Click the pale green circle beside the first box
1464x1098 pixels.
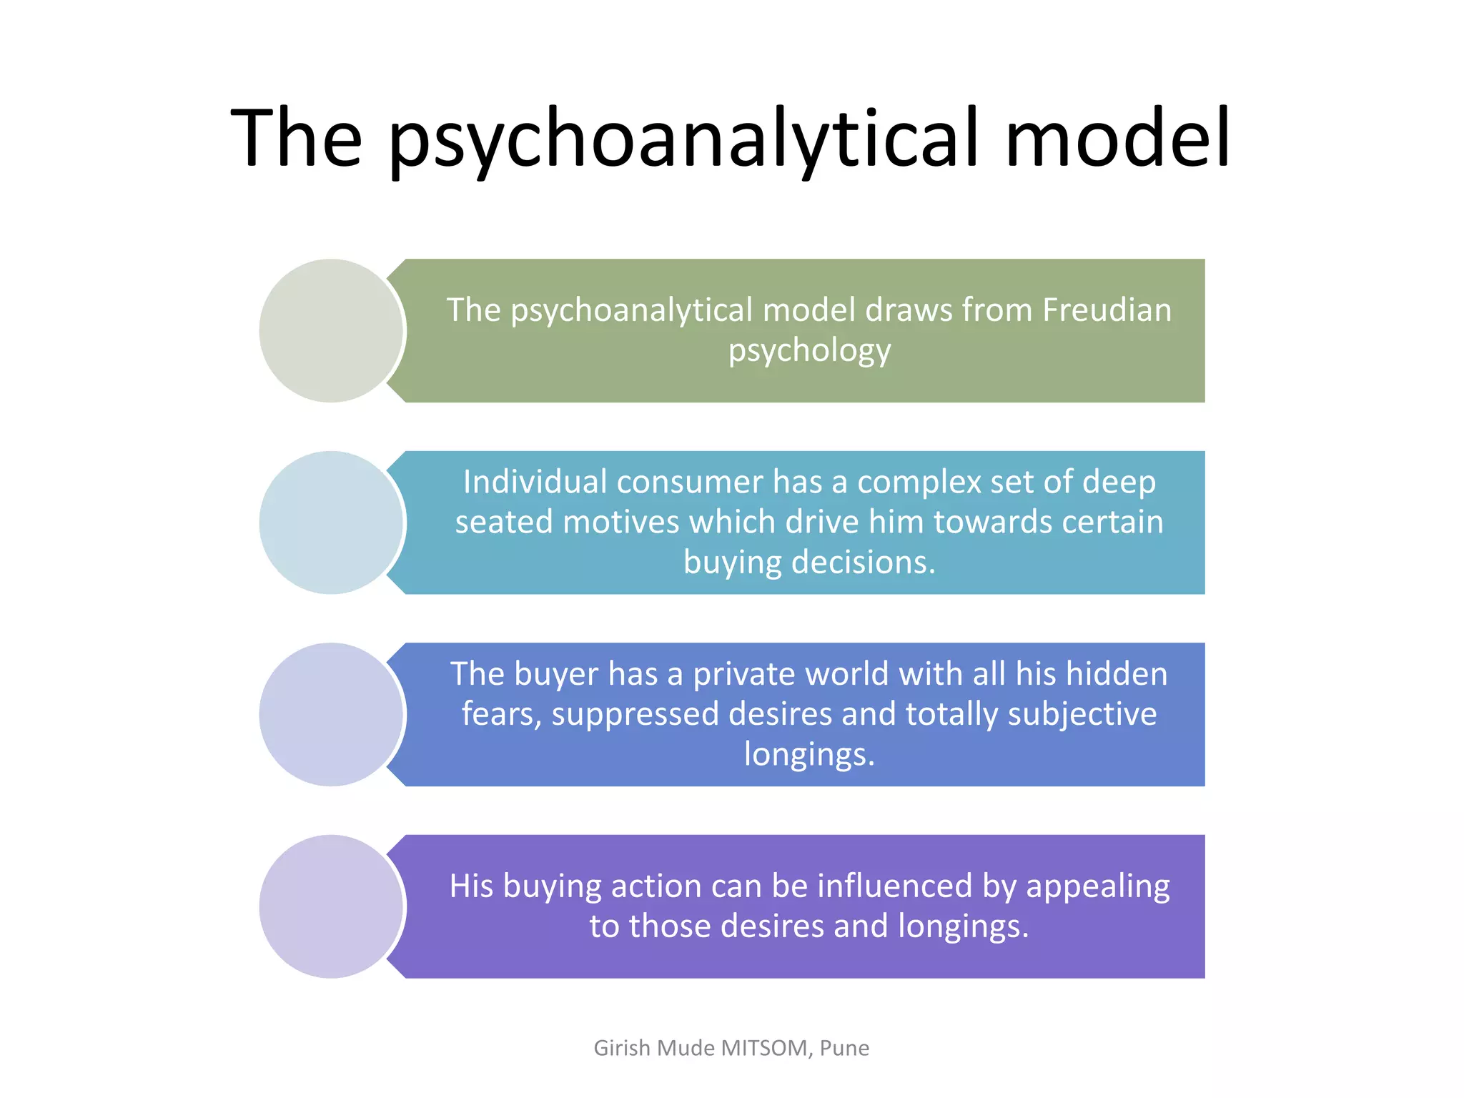pyautogui.click(x=331, y=330)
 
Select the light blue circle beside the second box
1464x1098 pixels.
pyautogui.click(x=331, y=523)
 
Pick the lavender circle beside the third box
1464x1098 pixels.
pyautogui.click(x=331, y=714)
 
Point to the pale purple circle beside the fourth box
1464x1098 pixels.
pyautogui.click(x=331, y=906)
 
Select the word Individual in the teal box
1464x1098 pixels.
pyautogui.click(x=535, y=482)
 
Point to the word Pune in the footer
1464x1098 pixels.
pyautogui.click(x=844, y=1048)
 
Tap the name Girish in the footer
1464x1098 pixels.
pyautogui.click(x=622, y=1048)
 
